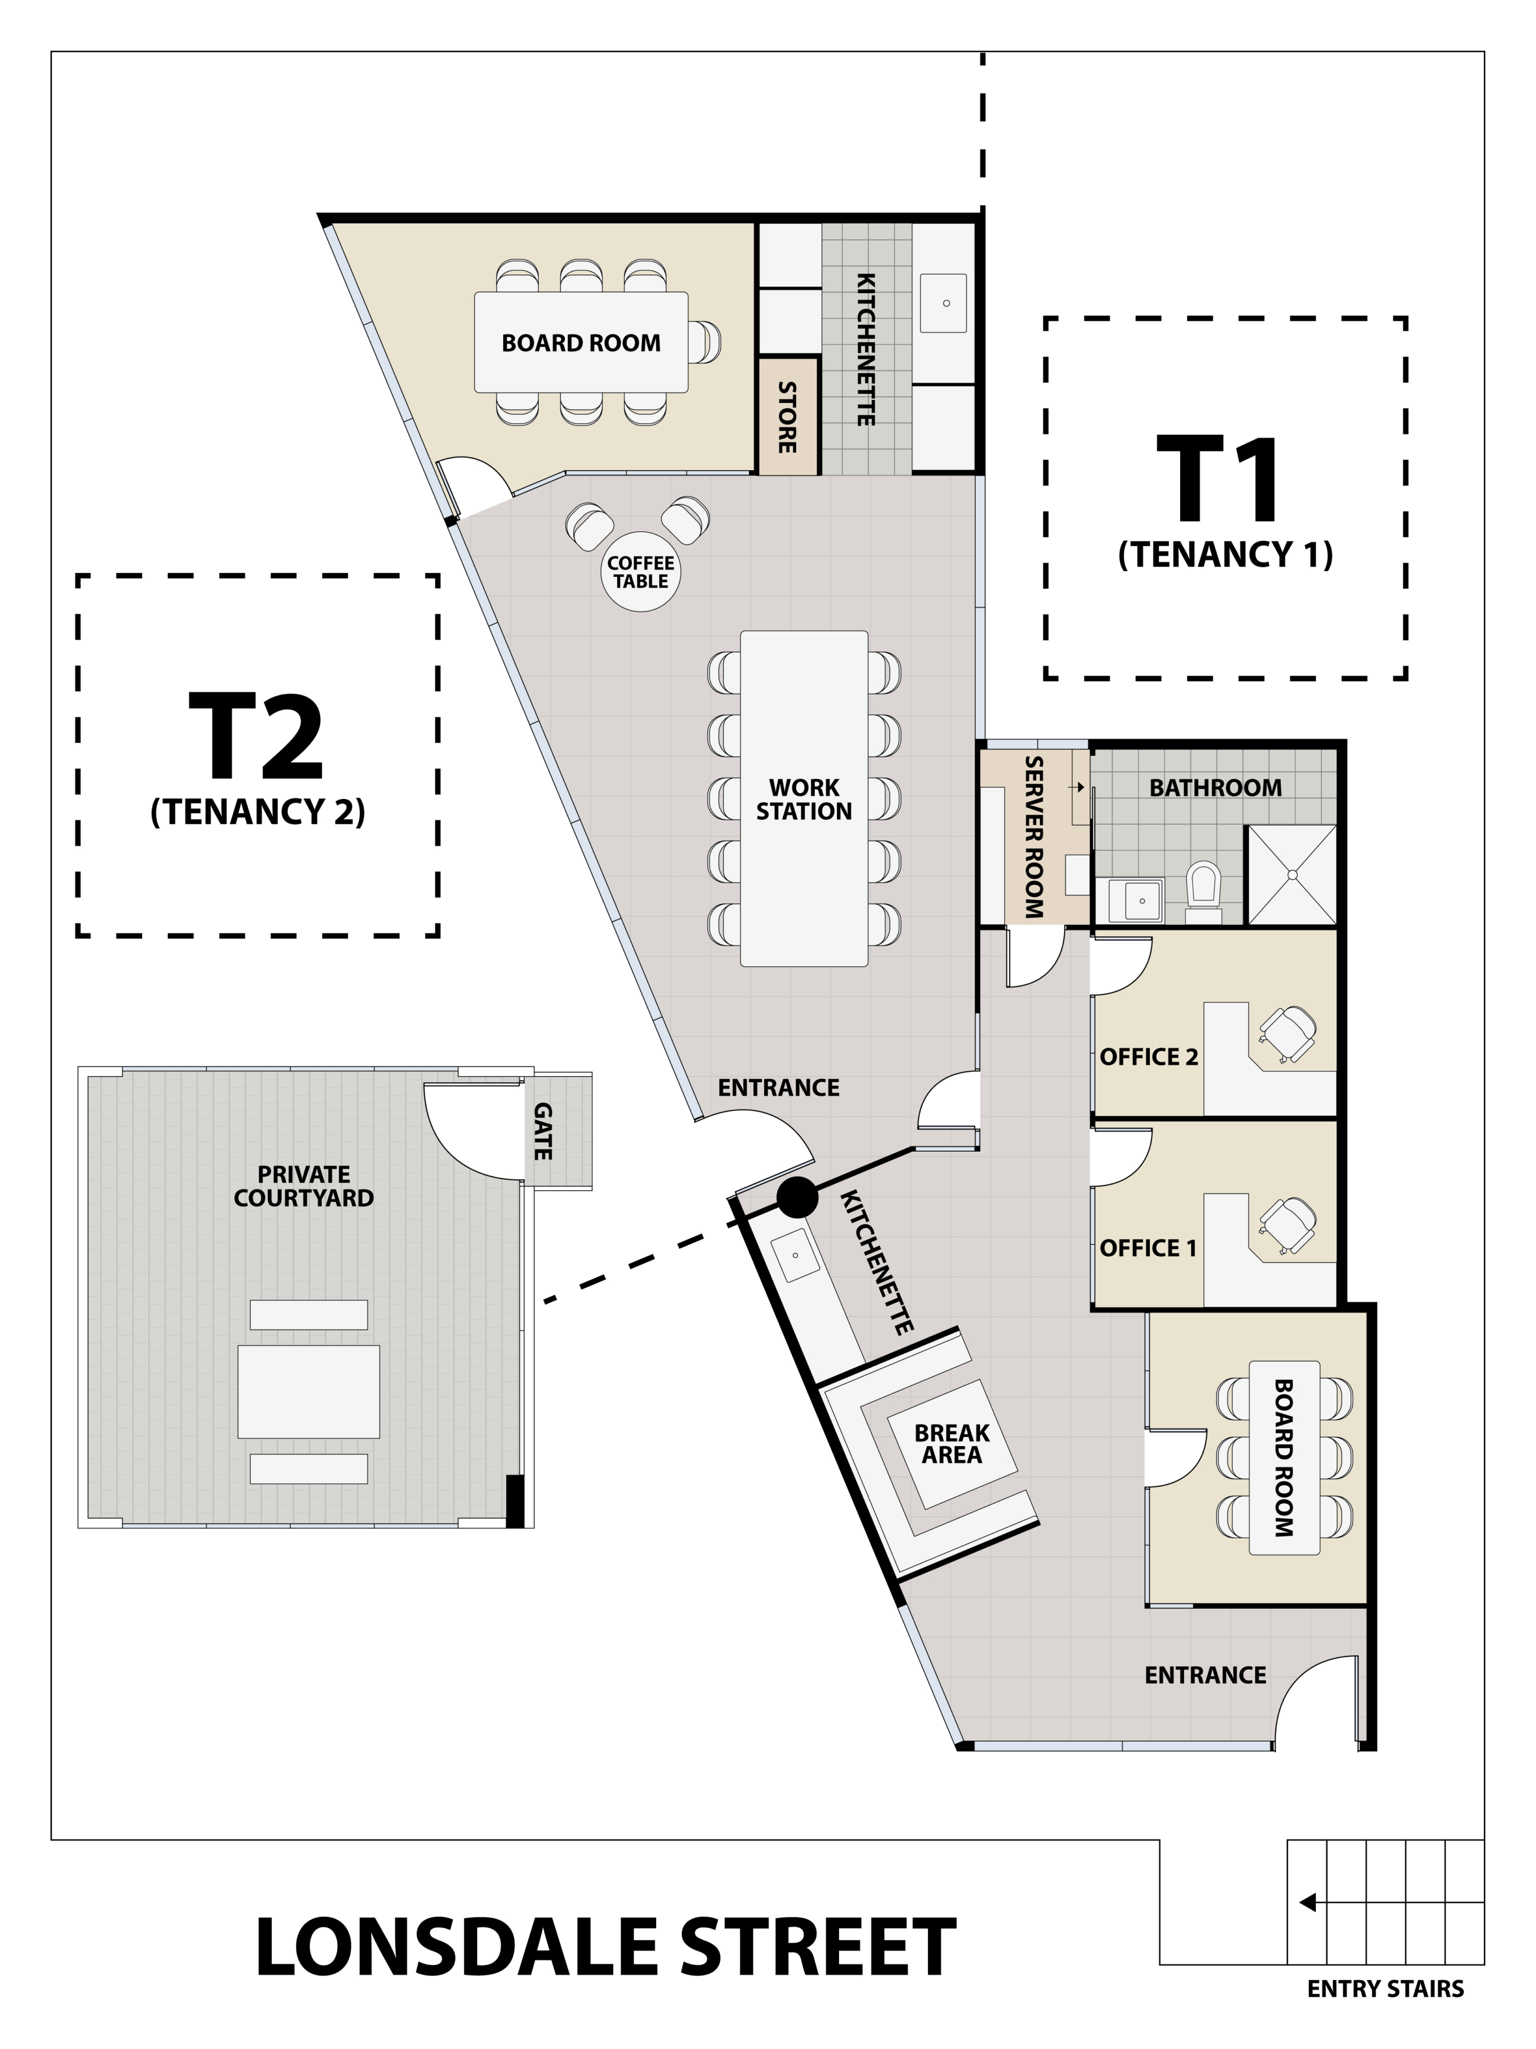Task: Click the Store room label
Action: [787, 417]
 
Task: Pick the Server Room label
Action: [1034, 837]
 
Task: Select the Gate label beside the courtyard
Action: [543, 1131]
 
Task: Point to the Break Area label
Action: [952, 1444]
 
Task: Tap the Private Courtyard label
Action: [304, 1186]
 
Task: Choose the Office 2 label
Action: [1149, 1057]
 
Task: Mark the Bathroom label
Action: [1216, 787]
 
